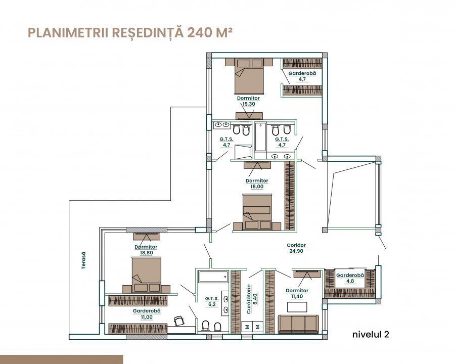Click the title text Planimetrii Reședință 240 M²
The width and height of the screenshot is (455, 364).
coord(130,32)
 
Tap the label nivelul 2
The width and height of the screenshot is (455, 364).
coord(371,334)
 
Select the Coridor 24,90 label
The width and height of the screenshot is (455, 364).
coord(296,248)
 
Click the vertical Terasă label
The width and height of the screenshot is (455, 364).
coord(83,260)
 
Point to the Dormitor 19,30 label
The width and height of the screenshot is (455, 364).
coord(248,101)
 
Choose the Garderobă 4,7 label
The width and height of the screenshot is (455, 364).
coord(302,76)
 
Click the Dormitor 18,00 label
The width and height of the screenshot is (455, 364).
coord(257,184)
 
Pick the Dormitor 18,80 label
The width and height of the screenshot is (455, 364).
coord(146,250)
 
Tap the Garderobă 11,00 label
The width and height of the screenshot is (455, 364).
coord(147,314)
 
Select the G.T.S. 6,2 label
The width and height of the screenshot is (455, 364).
coord(212,301)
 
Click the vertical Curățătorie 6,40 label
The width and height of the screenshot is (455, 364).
coord(252,299)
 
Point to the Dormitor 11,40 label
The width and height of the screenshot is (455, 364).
coord(297,293)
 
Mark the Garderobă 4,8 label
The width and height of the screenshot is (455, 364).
coord(350,278)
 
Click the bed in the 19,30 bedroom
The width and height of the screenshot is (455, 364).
coord(249,76)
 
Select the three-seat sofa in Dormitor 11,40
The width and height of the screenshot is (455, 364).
coord(298,324)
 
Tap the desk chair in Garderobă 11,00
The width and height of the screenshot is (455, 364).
coord(179,321)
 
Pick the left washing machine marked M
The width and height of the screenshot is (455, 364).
coord(247,327)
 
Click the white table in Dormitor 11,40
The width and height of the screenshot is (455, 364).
coord(297,307)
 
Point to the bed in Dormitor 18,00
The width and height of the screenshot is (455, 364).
coord(257,212)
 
